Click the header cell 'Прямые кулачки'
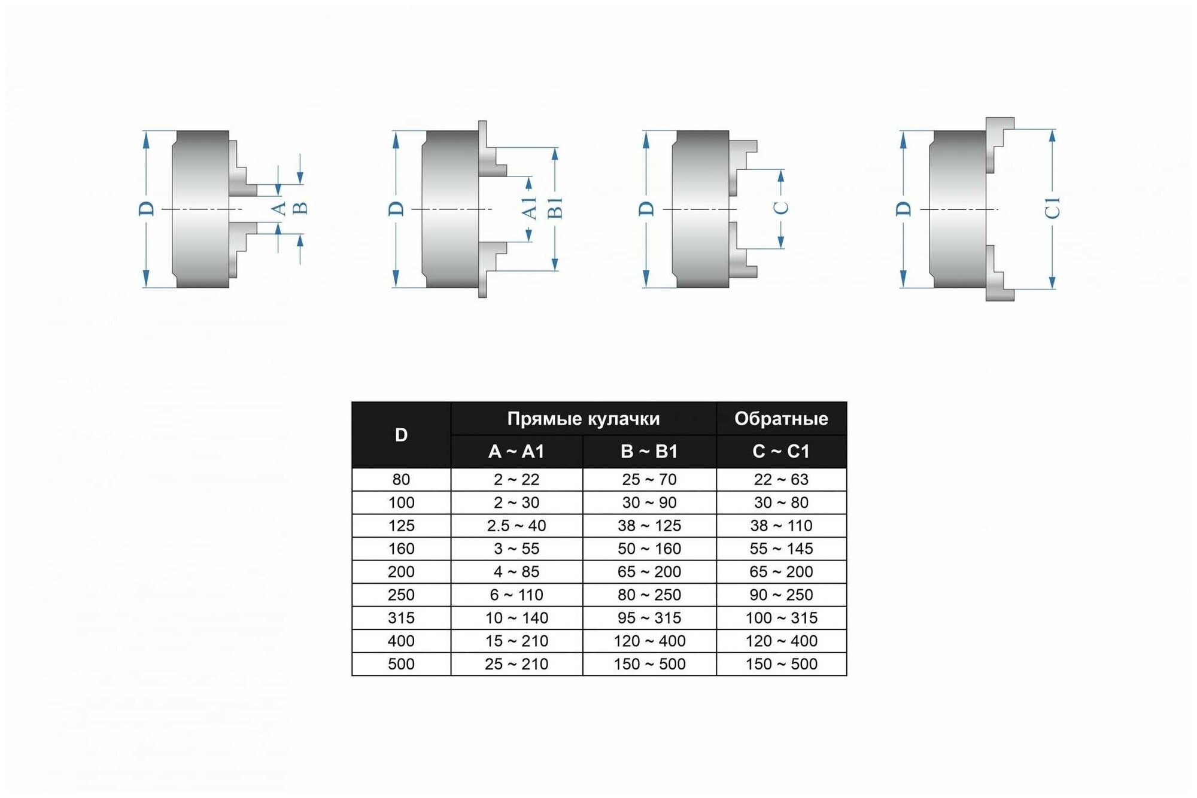(583, 419)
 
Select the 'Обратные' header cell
(781, 419)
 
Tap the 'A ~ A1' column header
(516, 451)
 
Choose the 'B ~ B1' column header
(649, 451)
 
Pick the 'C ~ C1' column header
(781, 451)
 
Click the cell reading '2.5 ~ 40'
(516, 526)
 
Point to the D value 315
(401, 618)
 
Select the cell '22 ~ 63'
(781, 480)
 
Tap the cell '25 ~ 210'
(516, 664)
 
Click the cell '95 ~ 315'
(649, 618)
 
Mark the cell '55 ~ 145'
(781, 549)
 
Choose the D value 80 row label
(401, 480)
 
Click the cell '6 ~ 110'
(516, 595)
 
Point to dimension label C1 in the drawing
(1053, 208)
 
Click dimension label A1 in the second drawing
(529, 208)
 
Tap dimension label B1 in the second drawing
(555, 208)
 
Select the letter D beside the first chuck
(147, 208)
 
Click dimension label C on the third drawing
(781, 208)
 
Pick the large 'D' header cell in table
(401, 435)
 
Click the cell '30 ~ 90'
(649, 502)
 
